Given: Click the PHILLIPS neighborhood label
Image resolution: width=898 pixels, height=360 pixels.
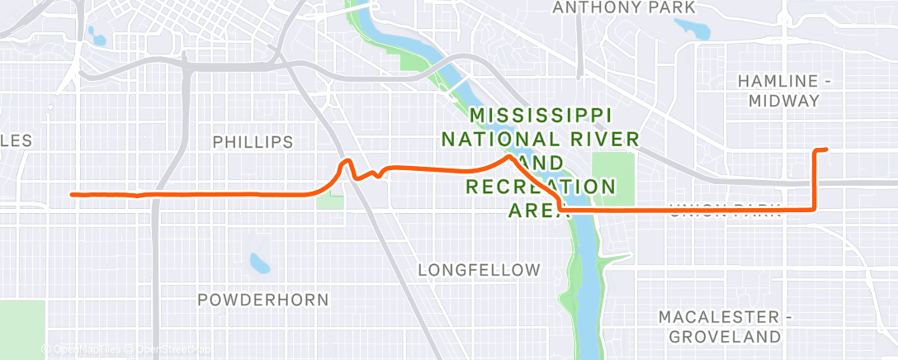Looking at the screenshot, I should click(253, 142).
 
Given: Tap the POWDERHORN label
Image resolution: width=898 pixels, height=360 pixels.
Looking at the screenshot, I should click(263, 299).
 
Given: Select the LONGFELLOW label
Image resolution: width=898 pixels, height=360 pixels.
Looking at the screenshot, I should click(479, 270).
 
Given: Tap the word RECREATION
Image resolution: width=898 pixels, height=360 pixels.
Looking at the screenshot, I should click(541, 186).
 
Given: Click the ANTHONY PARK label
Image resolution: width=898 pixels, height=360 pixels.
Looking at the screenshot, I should click(624, 7).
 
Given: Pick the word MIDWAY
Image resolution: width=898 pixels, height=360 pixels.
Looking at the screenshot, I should click(784, 101).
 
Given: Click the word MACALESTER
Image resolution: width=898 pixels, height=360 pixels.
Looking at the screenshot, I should click(718, 317).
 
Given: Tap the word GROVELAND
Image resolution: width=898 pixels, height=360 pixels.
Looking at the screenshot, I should click(725, 336).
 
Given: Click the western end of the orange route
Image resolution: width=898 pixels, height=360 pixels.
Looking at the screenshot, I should click(73, 195).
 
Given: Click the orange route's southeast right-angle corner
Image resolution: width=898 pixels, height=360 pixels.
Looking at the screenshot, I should click(815, 209).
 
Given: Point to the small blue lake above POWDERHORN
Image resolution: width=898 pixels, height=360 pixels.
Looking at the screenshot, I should click(260, 263).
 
